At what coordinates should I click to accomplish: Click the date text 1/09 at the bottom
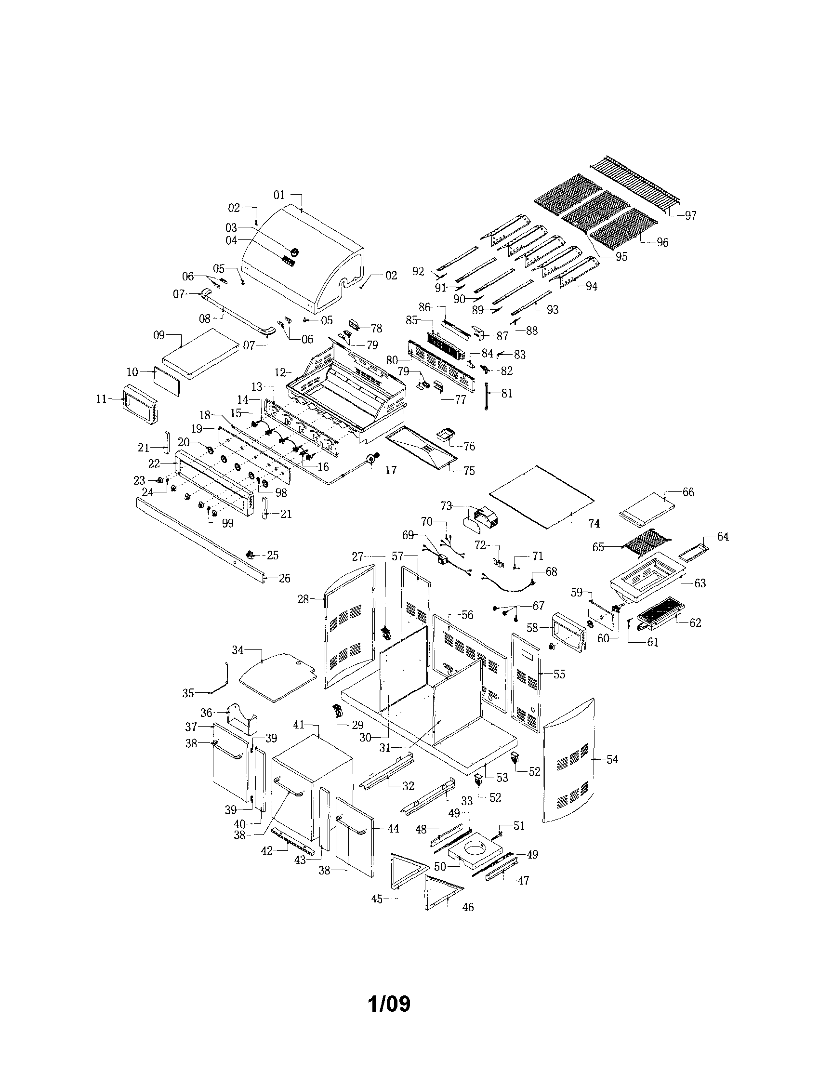[389, 1004]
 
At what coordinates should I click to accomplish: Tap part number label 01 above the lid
[279, 195]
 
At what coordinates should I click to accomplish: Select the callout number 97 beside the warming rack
[691, 215]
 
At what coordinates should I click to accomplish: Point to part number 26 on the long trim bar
[284, 578]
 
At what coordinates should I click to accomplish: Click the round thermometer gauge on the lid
[295, 252]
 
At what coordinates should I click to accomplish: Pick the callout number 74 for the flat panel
[594, 524]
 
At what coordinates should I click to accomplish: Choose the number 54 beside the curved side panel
[612, 759]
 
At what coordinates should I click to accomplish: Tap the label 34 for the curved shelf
[238, 650]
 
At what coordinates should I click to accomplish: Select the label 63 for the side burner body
[700, 583]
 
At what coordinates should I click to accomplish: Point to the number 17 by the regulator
[391, 470]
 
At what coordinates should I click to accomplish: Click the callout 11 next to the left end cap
[101, 399]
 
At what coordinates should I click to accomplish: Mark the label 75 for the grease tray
[469, 471]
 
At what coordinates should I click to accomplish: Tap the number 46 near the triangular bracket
[468, 907]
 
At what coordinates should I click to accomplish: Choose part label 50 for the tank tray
[440, 867]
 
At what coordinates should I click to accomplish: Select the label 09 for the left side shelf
[159, 335]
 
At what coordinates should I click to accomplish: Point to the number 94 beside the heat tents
[592, 286]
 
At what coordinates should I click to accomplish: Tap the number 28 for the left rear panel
[304, 599]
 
